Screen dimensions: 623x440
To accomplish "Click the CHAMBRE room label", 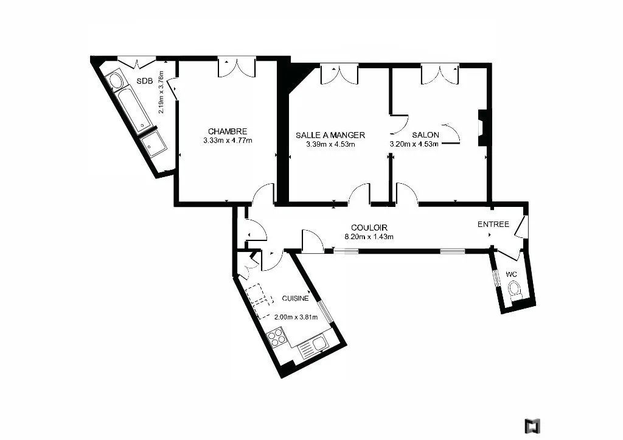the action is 228,131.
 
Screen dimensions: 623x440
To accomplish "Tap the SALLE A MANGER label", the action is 330,135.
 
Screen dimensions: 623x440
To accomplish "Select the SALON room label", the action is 425,134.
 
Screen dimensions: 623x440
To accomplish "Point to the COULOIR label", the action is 369,228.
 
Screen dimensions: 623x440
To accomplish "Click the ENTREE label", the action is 493,224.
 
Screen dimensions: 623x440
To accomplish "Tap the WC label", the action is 511,274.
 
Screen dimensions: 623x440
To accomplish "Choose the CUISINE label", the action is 295,298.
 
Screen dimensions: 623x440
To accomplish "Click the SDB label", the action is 145,81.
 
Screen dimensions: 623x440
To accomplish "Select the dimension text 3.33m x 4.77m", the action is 228,141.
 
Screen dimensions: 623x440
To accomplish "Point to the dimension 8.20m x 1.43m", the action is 369,237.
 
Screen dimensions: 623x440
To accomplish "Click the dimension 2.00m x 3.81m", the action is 296,317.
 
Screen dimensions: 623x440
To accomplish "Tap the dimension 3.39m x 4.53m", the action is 330,144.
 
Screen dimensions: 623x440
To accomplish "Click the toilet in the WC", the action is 515,288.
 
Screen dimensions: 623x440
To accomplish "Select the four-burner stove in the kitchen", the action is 276,337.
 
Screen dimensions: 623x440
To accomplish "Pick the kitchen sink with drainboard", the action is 312,347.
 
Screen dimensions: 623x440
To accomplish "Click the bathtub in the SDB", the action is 134,109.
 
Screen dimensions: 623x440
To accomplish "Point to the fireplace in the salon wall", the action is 482,128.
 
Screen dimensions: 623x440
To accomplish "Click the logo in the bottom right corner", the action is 532,425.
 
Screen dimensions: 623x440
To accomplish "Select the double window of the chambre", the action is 237,68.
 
